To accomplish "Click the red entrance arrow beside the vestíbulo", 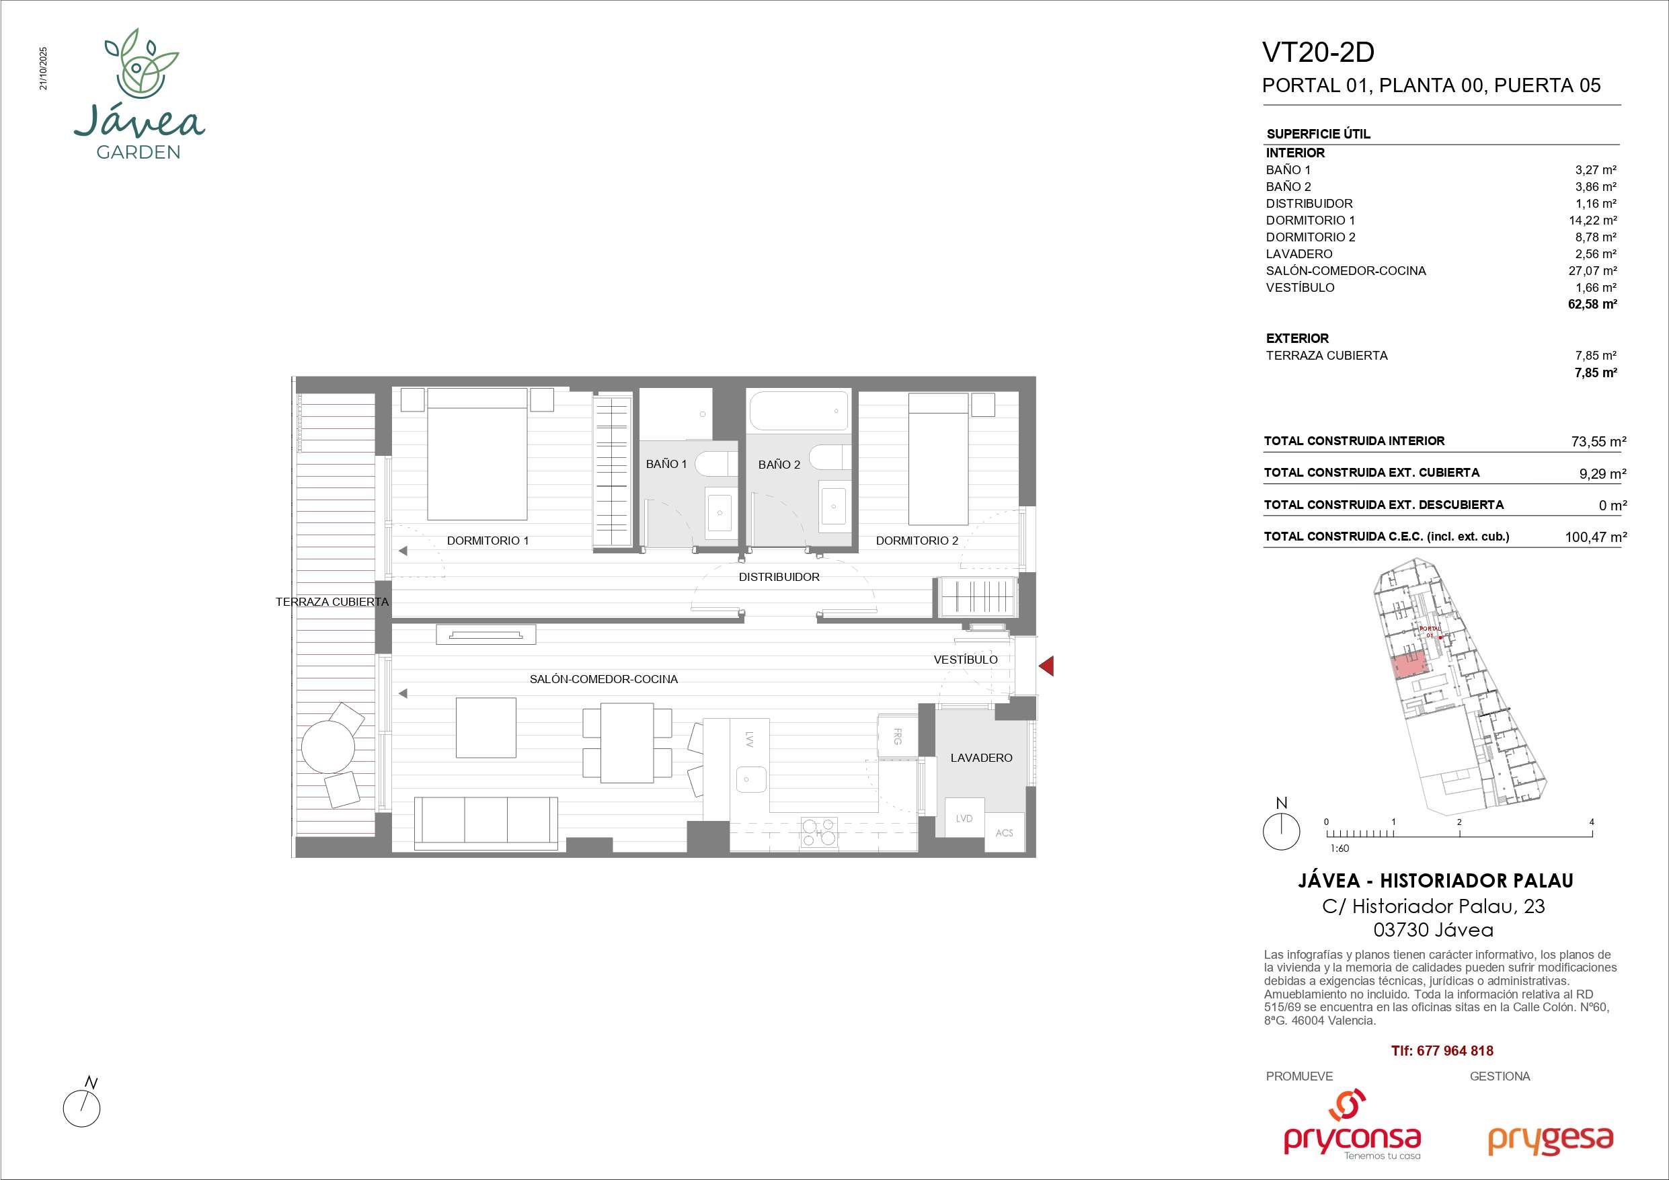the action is tap(1047, 665).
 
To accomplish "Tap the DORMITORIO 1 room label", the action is tap(488, 540).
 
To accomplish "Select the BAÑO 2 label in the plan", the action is tap(779, 465).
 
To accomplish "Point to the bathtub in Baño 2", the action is tap(799, 411).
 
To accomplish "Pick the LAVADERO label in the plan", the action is tap(981, 758).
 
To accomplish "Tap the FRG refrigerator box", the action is tap(897, 736).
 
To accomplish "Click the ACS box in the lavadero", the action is tap(1004, 832).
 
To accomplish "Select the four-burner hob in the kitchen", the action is tap(819, 833).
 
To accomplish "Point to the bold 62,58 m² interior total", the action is tap(1592, 304).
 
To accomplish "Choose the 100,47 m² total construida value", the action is tap(1596, 537).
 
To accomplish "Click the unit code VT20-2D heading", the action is tap(1319, 52).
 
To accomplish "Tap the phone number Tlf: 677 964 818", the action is tap(1442, 1051).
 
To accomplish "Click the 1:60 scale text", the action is tap(1340, 849).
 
